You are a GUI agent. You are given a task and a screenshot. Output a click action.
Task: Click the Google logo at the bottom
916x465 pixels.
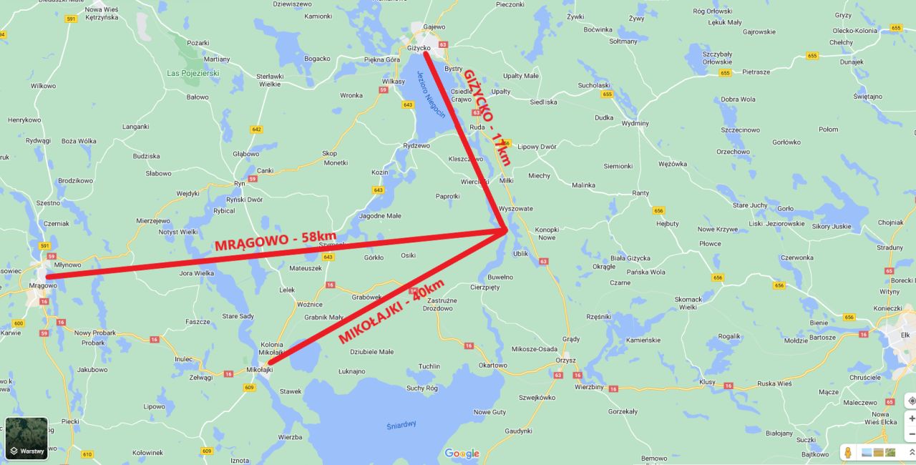click(x=462, y=454)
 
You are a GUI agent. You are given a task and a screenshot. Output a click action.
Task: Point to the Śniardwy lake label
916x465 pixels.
click(x=401, y=424)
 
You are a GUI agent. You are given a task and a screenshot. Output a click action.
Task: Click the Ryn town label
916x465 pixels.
click(x=239, y=183)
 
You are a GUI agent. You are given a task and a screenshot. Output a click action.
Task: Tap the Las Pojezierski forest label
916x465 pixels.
click(x=193, y=73)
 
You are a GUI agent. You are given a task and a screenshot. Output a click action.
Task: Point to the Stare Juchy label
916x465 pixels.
click(x=750, y=205)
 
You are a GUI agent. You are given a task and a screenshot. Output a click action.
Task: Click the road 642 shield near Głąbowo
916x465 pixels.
click(x=256, y=129)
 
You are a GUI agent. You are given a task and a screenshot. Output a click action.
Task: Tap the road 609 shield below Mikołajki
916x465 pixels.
click(x=249, y=387)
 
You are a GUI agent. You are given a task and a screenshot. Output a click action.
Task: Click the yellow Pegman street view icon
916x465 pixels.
click(x=848, y=452)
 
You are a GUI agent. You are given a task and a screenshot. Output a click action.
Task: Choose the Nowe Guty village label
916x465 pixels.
click(x=489, y=412)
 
